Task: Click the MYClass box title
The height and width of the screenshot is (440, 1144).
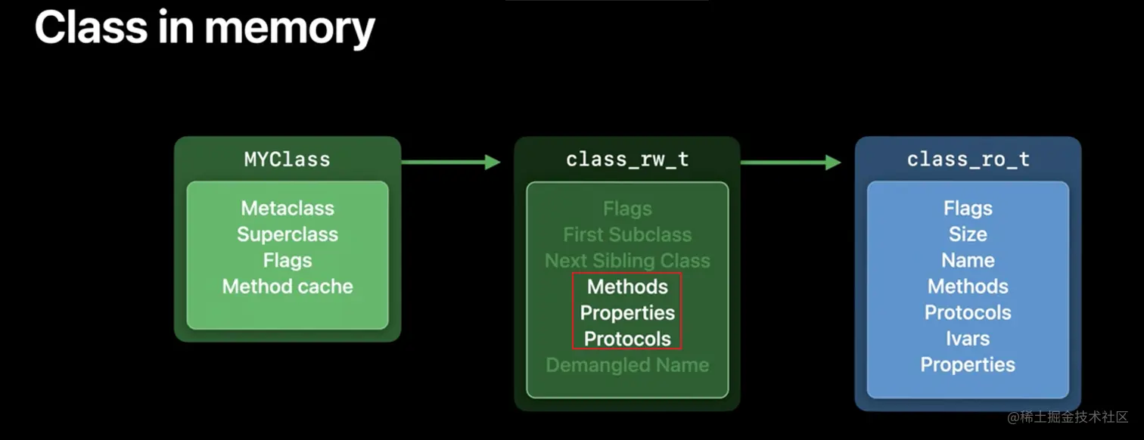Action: click(x=287, y=160)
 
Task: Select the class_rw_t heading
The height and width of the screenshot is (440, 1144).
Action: click(x=627, y=160)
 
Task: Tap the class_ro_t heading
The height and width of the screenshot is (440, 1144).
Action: click(x=968, y=160)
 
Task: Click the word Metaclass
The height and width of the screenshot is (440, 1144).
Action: click(x=288, y=208)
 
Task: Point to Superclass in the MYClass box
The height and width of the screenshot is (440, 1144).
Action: click(x=288, y=234)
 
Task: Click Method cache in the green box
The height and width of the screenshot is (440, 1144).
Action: click(x=288, y=287)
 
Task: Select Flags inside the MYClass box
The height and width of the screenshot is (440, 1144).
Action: click(x=288, y=260)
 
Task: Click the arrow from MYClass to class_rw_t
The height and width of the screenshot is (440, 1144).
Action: click(x=450, y=162)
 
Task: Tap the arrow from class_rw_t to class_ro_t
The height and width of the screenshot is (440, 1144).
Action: click(x=791, y=162)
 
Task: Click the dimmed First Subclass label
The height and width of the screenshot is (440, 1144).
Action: click(x=627, y=234)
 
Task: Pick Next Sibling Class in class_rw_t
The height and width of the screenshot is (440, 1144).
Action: click(x=627, y=261)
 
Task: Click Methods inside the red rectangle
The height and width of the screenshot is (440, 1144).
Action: click(x=627, y=287)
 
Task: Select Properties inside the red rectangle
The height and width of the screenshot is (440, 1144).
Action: click(x=627, y=312)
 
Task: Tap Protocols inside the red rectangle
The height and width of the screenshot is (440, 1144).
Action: click(x=627, y=339)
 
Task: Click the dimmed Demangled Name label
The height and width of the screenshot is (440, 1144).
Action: click(x=627, y=365)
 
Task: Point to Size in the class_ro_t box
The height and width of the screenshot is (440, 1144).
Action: click(x=968, y=234)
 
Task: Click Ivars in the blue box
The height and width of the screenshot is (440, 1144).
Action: click(x=968, y=339)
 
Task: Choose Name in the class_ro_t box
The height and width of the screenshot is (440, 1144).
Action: click(x=968, y=260)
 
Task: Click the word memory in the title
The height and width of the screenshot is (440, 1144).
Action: click(x=290, y=28)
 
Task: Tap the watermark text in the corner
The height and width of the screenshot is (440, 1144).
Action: click(x=1068, y=417)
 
